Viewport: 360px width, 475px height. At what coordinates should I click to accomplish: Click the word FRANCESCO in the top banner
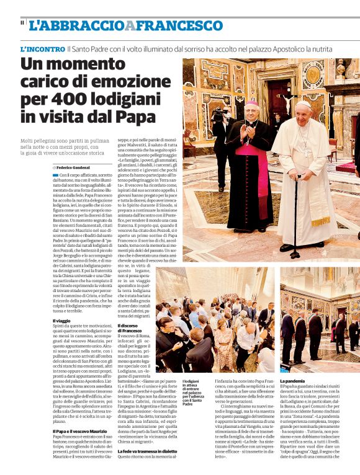click(x=179, y=25)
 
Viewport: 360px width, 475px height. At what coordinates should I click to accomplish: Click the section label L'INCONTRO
click(x=42, y=48)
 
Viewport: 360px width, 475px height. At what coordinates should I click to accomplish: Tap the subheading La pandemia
click(x=292, y=380)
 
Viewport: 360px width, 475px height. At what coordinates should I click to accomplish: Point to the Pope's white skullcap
click(x=303, y=104)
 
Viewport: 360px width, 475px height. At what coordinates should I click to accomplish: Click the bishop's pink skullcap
click(x=252, y=103)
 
